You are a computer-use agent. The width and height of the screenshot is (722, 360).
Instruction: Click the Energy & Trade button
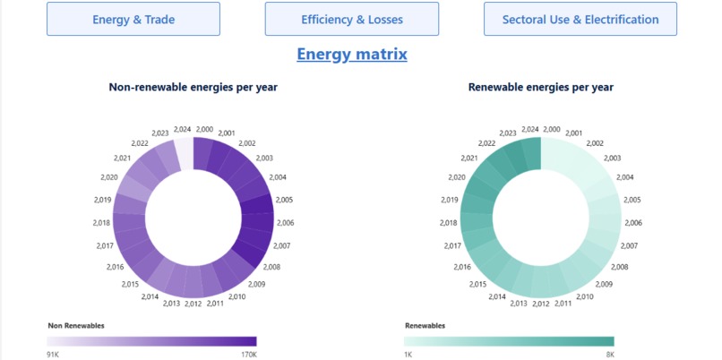tap(133, 19)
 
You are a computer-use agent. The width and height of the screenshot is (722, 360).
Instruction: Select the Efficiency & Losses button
tap(352, 19)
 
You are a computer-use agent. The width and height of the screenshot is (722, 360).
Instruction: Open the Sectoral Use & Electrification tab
tap(580, 19)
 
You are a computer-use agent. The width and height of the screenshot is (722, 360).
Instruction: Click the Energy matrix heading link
tap(352, 55)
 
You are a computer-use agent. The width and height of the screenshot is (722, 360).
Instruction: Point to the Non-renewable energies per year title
tap(193, 87)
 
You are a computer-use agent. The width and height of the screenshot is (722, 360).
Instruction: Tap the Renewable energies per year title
tap(540, 87)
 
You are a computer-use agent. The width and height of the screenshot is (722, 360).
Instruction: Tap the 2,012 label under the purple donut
tap(193, 304)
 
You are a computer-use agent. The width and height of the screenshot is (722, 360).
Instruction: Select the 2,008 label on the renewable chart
tap(619, 267)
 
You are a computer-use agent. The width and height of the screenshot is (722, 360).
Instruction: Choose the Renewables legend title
tap(425, 326)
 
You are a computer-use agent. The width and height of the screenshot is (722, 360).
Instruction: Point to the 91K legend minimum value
tap(55, 355)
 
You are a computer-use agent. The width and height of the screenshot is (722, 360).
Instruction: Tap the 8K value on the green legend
tap(608, 355)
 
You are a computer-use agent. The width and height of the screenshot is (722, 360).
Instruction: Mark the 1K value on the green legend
tap(408, 355)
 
